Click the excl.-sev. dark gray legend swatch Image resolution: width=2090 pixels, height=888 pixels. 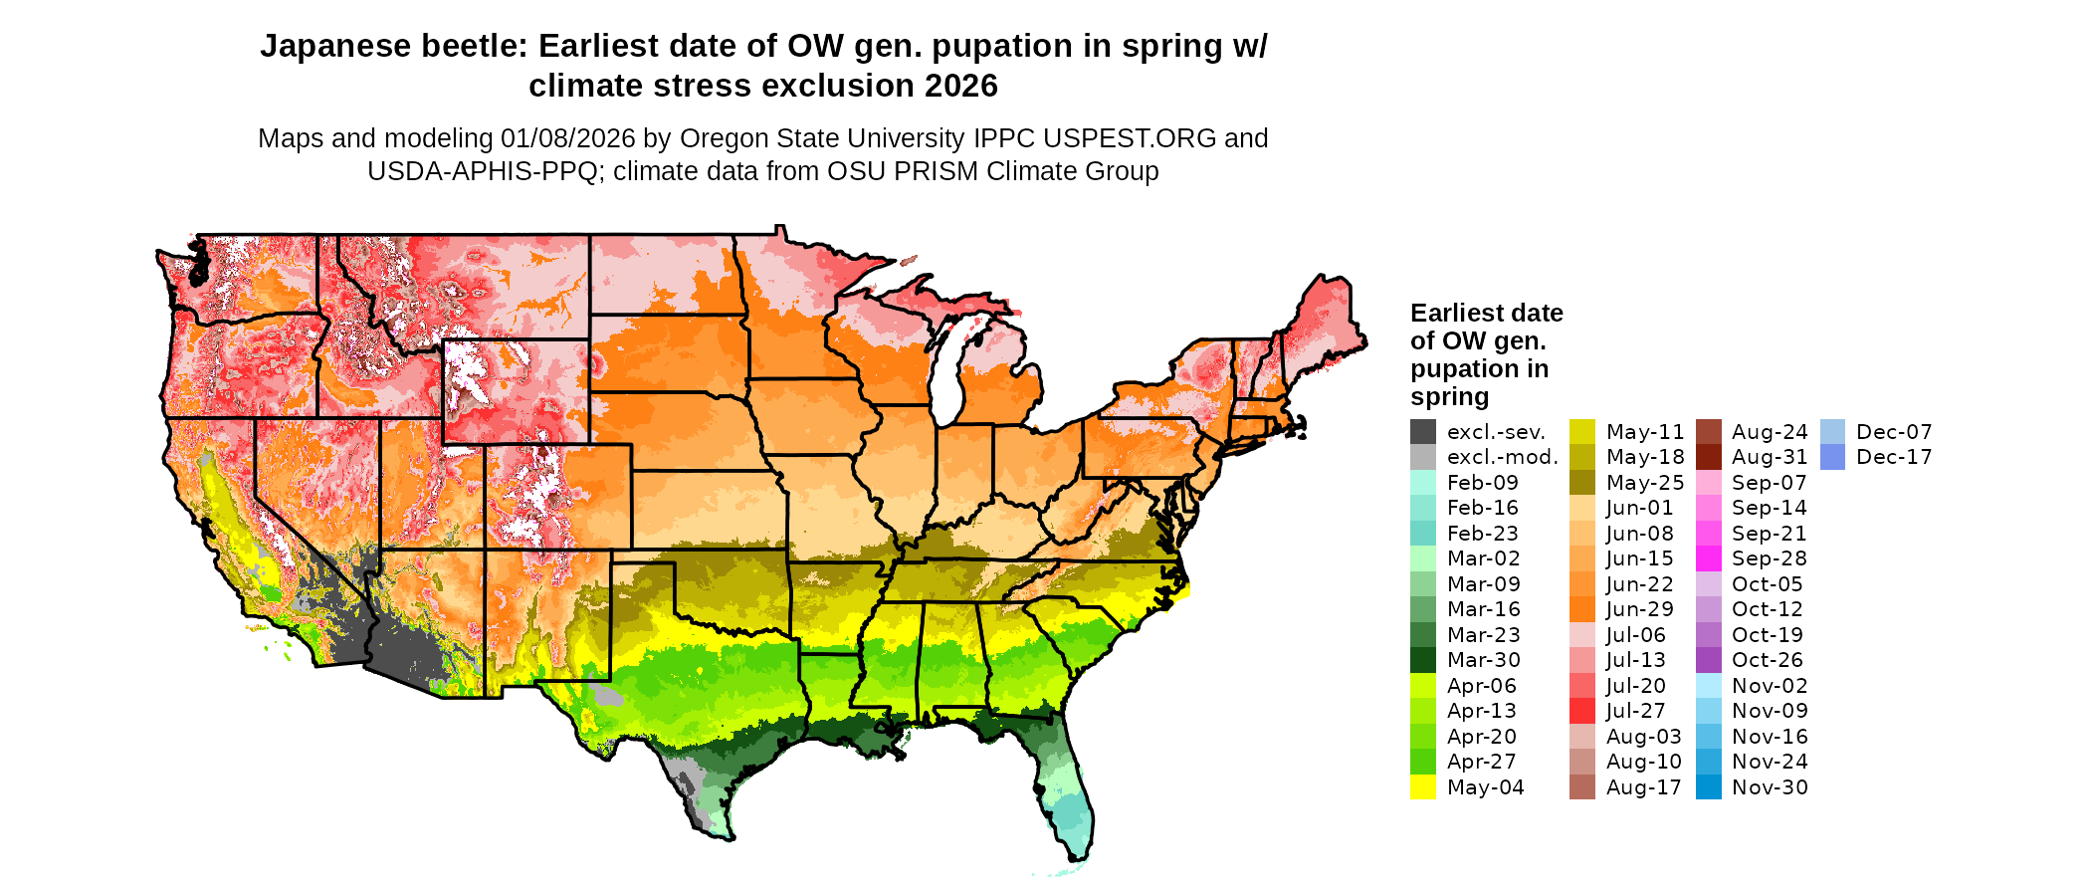[x=1422, y=432]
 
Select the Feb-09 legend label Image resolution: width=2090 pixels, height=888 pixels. [x=1482, y=483]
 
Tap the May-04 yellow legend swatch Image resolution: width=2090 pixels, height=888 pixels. [x=1422, y=787]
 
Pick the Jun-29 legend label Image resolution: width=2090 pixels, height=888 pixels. [x=1639, y=609]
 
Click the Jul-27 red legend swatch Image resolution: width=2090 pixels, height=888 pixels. [x=1581, y=711]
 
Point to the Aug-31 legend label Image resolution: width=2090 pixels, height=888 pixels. [x=1769, y=457]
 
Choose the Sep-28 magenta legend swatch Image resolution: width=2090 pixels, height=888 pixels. [x=1708, y=558]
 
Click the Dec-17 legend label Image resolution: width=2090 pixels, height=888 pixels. [x=1893, y=457]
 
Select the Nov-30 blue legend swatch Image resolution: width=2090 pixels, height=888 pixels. [x=1708, y=787]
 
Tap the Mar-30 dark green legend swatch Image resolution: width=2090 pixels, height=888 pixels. [x=1422, y=660]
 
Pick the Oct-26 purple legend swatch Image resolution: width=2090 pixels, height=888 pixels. [x=1708, y=660]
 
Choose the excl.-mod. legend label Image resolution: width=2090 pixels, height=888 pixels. [x=1502, y=457]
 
